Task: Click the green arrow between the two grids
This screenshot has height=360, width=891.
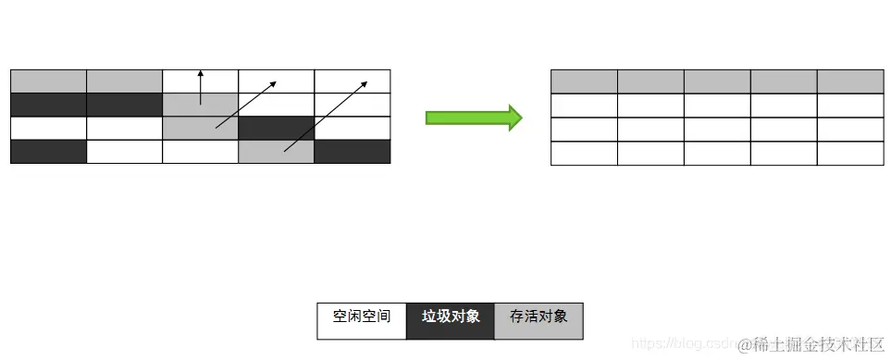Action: pyautogui.click(x=473, y=118)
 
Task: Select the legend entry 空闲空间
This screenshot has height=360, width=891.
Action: pyautogui.click(x=362, y=317)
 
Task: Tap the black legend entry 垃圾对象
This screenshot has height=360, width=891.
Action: pyautogui.click(x=451, y=317)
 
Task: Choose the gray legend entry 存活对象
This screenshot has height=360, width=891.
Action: pyautogui.click(x=538, y=317)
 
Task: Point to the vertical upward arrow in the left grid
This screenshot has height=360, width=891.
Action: pyautogui.click(x=201, y=88)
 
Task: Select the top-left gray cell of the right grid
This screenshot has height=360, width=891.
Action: pyautogui.click(x=584, y=81)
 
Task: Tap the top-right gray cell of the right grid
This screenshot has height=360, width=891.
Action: pyautogui.click(x=850, y=81)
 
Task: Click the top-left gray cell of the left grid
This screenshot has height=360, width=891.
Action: pyautogui.click(x=48, y=81)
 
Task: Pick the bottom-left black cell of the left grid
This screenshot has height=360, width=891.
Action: pyautogui.click(x=48, y=152)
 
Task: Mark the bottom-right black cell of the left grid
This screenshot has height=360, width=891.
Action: pyautogui.click(x=353, y=152)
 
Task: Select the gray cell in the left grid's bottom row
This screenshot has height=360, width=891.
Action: pyautogui.click(x=276, y=152)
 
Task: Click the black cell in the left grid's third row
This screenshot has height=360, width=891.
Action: pyautogui.click(x=276, y=128)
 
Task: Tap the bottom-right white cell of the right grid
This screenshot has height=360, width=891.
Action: pyautogui.click(x=850, y=154)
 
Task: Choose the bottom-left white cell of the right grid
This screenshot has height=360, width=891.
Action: pyautogui.click(x=584, y=154)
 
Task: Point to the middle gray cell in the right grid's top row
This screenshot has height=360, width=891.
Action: pyautogui.click(x=717, y=81)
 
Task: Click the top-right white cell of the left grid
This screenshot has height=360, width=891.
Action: pyautogui.click(x=353, y=81)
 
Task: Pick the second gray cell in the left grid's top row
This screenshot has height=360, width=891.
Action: pyautogui.click(x=124, y=81)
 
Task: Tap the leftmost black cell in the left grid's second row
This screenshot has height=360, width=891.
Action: pyautogui.click(x=48, y=105)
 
